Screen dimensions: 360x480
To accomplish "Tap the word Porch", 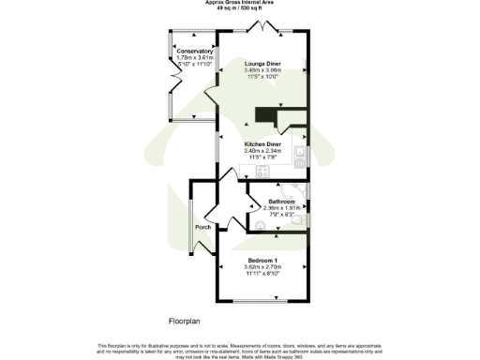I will point(202,228).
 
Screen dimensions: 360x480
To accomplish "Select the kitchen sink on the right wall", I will point(300,154).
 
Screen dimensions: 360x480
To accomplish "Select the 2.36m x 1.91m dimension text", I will point(282,209).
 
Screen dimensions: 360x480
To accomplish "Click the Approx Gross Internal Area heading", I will point(240,4).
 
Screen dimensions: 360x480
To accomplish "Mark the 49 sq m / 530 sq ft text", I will point(240,9).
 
